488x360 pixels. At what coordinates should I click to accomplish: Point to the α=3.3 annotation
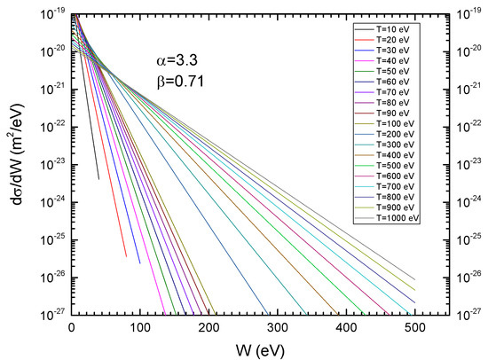[x=176, y=65]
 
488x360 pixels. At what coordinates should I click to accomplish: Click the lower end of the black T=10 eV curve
[x=98, y=179]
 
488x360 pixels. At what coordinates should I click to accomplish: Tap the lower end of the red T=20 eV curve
[x=126, y=256]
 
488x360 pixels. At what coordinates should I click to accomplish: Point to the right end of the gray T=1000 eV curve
[x=415, y=278]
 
